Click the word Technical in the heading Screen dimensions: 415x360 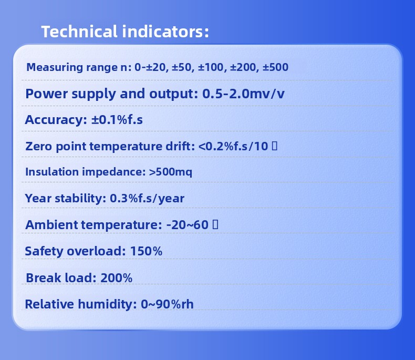tap(79, 31)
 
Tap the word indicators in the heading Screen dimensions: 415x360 tap(165, 31)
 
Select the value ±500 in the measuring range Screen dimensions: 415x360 tap(275, 67)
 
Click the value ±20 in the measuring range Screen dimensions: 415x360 tap(155, 67)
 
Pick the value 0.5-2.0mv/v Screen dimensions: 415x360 tap(243, 94)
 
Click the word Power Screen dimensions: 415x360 tap(47, 94)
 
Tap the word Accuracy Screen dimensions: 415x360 tap(56, 120)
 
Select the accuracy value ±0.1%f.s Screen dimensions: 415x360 tap(117, 120)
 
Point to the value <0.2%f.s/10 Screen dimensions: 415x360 tap(233, 146)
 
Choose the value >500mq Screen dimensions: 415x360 tap(170, 172)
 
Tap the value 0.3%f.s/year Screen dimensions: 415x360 tap(147, 199)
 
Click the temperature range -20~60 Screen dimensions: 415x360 tap(188, 225)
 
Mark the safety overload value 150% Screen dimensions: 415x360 tap(147, 251)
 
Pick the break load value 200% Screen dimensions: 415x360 tap(117, 278)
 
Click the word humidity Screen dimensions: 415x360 tap(107, 304)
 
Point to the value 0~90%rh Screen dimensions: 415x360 tap(167, 304)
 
